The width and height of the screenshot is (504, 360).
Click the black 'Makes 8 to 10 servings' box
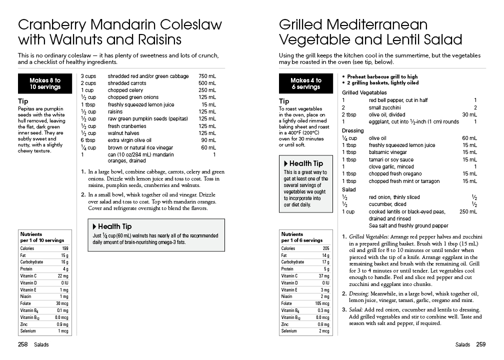pos(45,83)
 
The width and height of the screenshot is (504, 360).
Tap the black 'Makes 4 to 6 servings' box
pos(305,83)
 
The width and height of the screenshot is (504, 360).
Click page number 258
pos(22,344)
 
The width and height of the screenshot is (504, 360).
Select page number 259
pos(480,344)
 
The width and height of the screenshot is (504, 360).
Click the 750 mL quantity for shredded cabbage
pos(207,76)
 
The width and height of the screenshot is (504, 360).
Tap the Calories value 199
pos(65,248)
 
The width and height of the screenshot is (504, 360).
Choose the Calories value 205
pos(326,248)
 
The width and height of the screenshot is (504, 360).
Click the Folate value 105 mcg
pos(322,303)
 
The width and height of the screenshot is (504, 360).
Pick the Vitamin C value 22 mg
pos(62,276)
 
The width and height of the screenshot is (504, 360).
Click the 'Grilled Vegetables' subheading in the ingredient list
pos(364,93)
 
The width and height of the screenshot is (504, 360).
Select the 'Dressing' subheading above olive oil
pos(352,131)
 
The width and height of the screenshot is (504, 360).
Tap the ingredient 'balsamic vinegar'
pos(387,152)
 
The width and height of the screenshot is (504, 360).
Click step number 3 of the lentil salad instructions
pos(344,309)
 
